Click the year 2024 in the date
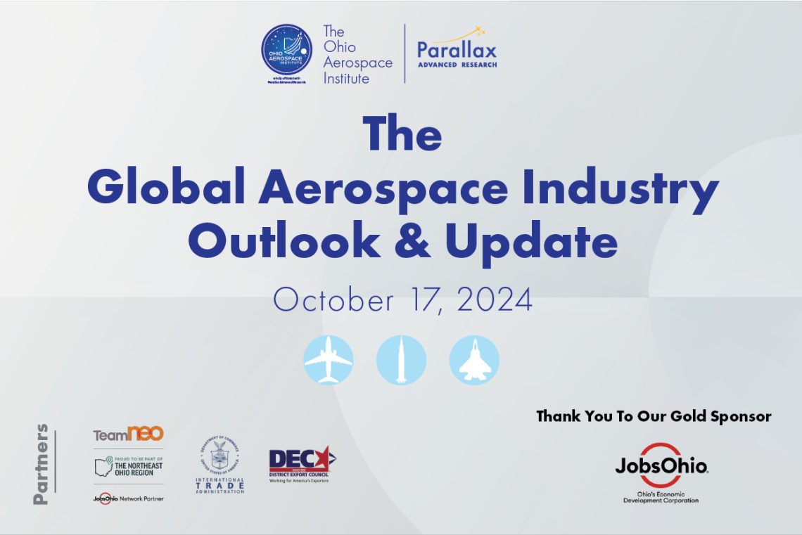[x=495, y=300]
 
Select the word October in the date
[x=333, y=300]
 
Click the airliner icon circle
[x=329, y=360]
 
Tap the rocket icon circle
[x=401, y=360]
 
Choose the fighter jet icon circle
[x=474, y=360]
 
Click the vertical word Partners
[x=42, y=463]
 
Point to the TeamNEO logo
[x=128, y=434]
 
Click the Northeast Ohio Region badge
[x=128, y=465]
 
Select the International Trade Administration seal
[x=219, y=464]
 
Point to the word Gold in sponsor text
[x=661, y=416]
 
